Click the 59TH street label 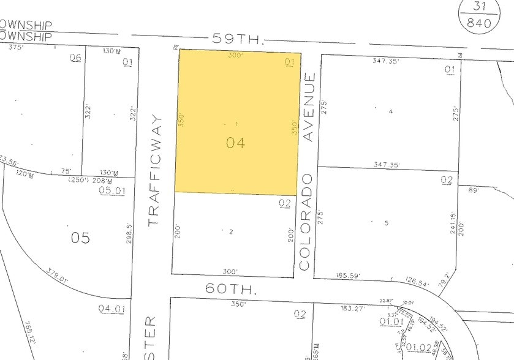click(238, 39)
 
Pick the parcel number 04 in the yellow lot click(235, 143)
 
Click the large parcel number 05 click(80, 237)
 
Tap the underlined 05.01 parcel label click(112, 191)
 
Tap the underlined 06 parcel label click(75, 59)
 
